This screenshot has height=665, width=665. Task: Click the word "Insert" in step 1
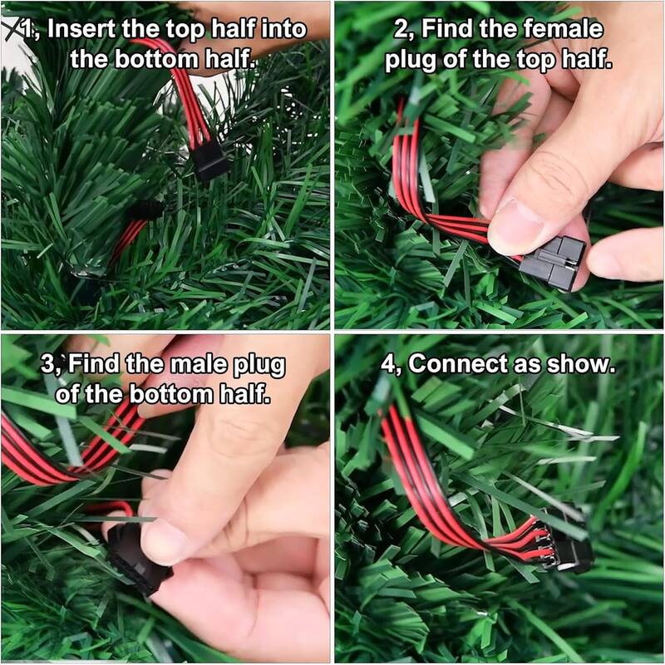[81, 29]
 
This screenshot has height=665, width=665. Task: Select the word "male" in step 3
[197, 364]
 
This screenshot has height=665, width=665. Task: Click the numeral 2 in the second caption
[401, 30]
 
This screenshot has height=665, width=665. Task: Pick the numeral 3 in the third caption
[47, 365]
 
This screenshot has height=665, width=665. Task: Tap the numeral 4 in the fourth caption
[387, 365]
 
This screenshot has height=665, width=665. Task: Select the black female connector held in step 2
[552, 263]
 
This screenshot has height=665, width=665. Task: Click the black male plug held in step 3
[135, 558]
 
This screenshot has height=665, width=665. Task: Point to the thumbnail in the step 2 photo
[515, 227]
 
